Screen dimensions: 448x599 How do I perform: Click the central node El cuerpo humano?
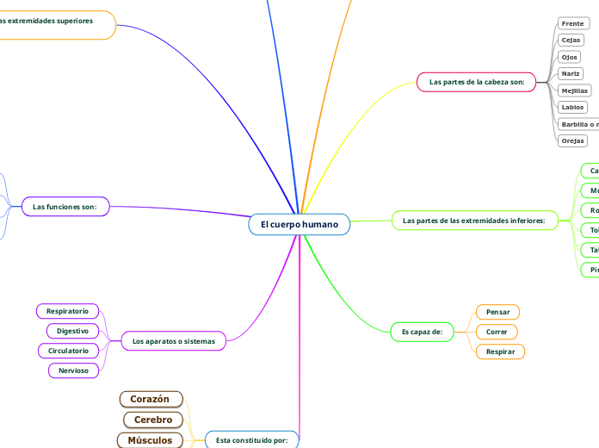pos(299,225)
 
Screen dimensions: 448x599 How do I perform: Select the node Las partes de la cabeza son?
pos(476,82)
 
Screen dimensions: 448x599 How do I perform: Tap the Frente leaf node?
pos(572,23)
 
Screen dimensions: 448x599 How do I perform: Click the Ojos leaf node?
pos(570,57)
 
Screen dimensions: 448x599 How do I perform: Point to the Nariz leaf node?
pos(571,74)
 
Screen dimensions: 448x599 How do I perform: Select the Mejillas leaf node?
pos(574,90)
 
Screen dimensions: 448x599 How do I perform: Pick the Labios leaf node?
pos(572,108)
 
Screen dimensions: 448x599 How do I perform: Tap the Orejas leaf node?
pos(572,140)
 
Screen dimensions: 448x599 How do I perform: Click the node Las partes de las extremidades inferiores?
pos(475,221)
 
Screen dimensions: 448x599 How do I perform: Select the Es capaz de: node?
pos(422,331)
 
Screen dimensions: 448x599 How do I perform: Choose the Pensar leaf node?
pos(497,311)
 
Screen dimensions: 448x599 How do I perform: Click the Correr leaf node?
pos(497,331)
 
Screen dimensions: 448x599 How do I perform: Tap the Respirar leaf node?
pos(500,352)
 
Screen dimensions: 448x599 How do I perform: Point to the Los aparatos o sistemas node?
pos(174,341)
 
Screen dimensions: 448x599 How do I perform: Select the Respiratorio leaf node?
pos(67,310)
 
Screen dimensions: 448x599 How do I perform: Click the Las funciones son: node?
pos(65,207)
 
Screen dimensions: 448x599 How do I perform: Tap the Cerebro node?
pos(153,420)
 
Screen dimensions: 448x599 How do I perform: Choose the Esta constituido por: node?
pos(252,439)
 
